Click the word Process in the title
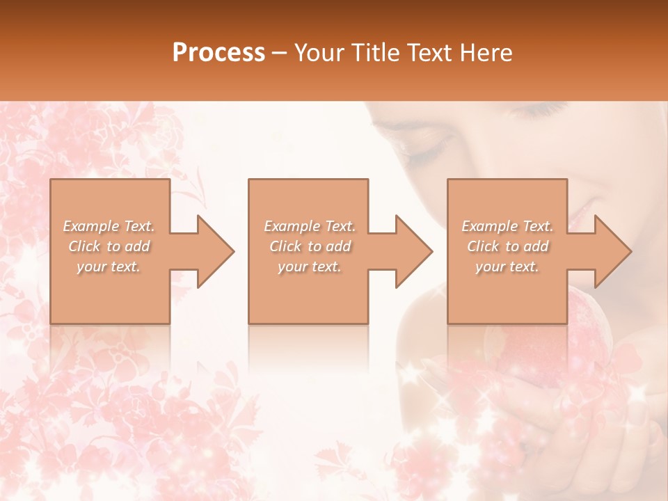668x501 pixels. coord(218,53)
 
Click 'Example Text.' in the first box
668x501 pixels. coord(109,226)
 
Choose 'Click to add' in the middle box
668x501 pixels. coord(310,246)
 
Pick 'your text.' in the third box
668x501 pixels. coord(507,267)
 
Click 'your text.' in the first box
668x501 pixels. coord(109,267)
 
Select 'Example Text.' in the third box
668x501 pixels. coord(507,226)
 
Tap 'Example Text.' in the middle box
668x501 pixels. coord(310,226)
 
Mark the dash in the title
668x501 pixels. coord(278,54)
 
